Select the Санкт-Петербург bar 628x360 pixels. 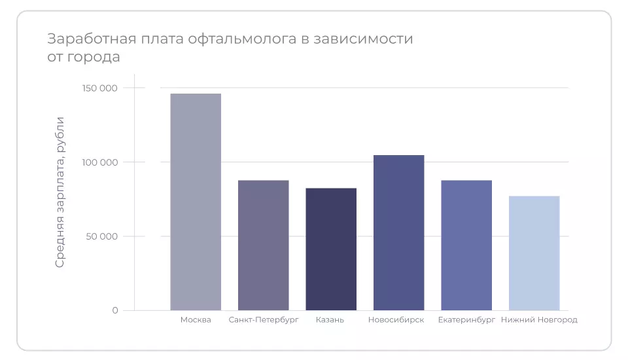(x=263, y=245)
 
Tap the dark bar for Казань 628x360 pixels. (x=331, y=249)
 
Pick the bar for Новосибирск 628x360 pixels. (x=398, y=232)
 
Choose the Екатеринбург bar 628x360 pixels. (x=466, y=245)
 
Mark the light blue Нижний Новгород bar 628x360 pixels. (x=534, y=253)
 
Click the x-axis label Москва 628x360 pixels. (x=196, y=320)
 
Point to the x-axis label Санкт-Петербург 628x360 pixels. (x=264, y=320)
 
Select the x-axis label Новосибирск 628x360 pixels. (x=396, y=320)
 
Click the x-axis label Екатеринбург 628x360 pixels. (x=466, y=320)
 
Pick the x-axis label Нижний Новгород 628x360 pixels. (x=539, y=320)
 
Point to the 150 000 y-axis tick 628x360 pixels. (x=100, y=88)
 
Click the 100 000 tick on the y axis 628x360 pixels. (x=100, y=162)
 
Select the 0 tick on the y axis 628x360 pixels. (x=115, y=310)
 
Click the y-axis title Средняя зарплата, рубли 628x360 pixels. (x=60, y=192)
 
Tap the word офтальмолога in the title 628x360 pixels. (x=238, y=39)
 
